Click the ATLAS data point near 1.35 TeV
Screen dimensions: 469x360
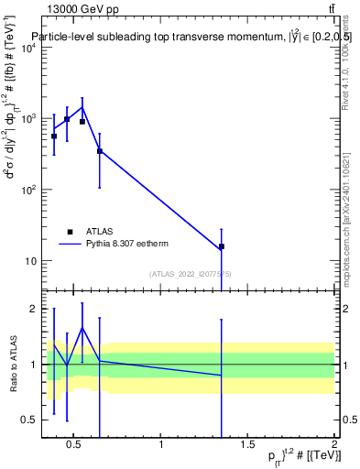(222, 246)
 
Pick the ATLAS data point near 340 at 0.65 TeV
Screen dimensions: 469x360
(100, 151)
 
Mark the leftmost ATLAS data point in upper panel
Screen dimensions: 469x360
(54, 136)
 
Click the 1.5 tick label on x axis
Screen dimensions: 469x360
(247, 447)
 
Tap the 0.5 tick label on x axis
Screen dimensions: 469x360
(74, 447)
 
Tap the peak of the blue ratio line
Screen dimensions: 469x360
(82, 328)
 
